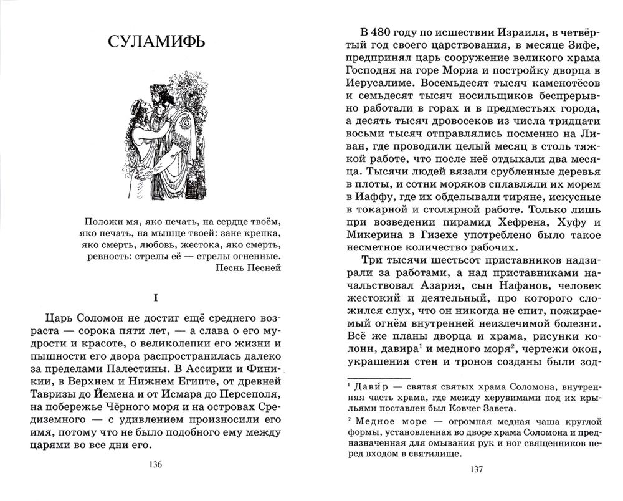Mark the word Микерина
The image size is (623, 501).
point(369,251)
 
